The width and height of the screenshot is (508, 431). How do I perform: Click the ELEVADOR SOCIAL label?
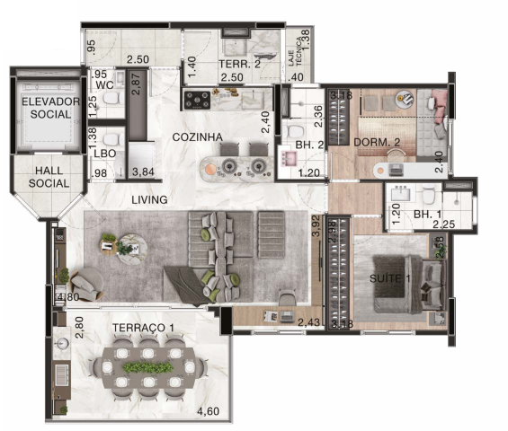(x=50, y=108)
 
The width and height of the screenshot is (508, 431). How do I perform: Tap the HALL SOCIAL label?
(x=49, y=177)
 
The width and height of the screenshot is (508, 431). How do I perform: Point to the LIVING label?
(x=148, y=199)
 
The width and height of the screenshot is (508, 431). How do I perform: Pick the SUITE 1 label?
(x=390, y=278)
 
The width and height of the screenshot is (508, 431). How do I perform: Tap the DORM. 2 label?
(x=370, y=141)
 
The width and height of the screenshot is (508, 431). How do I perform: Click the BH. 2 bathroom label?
(x=308, y=143)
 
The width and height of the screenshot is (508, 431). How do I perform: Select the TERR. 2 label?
(x=239, y=64)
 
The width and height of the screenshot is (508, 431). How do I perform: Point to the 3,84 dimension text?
(x=143, y=172)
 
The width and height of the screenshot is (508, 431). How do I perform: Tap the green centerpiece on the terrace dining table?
(x=147, y=368)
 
